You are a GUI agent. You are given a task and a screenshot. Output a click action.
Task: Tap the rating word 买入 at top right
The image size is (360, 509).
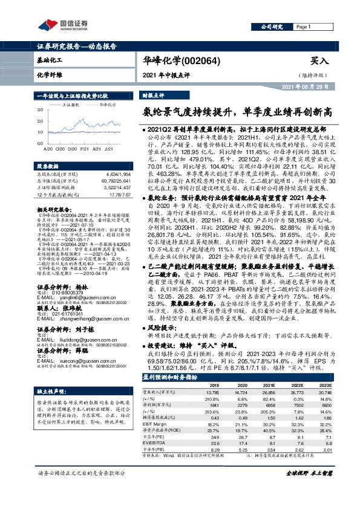point(319,60)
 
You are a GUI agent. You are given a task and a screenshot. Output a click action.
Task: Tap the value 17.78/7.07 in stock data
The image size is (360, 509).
point(118,195)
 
